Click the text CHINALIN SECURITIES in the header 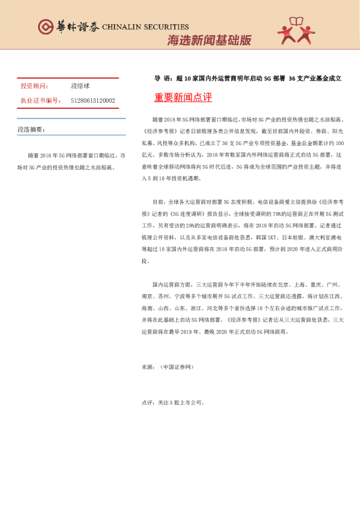coord(145,27)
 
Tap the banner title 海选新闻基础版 coord(209,41)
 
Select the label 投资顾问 coord(34,86)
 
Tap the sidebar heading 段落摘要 coord(31,129)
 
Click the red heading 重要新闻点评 coord(183,97)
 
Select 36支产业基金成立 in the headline coord(315,79)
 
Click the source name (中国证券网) coord(177,366)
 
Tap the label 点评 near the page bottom coord(147,401)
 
